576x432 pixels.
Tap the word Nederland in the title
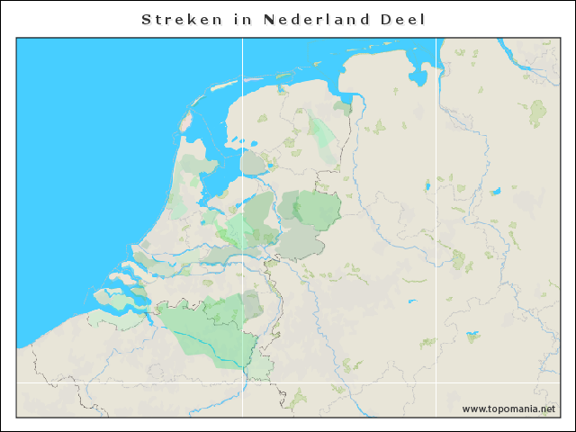pyautogui.click(x=317, y=19)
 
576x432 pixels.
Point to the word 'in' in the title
pyautogui.click(x=244, y=19)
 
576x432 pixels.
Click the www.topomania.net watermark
pyautogui.click(x=508, y=409)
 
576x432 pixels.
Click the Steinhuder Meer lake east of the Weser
pyautogui.click(x=495, y=191)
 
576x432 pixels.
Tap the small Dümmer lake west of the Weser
pyautogui.click(x=427, y=187)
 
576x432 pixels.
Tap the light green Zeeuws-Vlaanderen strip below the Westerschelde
pyautogui.click(x=126, y=319)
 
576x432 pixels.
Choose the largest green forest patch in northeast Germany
pyautogui.click(x=537, y=112)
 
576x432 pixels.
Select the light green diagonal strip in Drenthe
pyautogui.click(x=322, y=135)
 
